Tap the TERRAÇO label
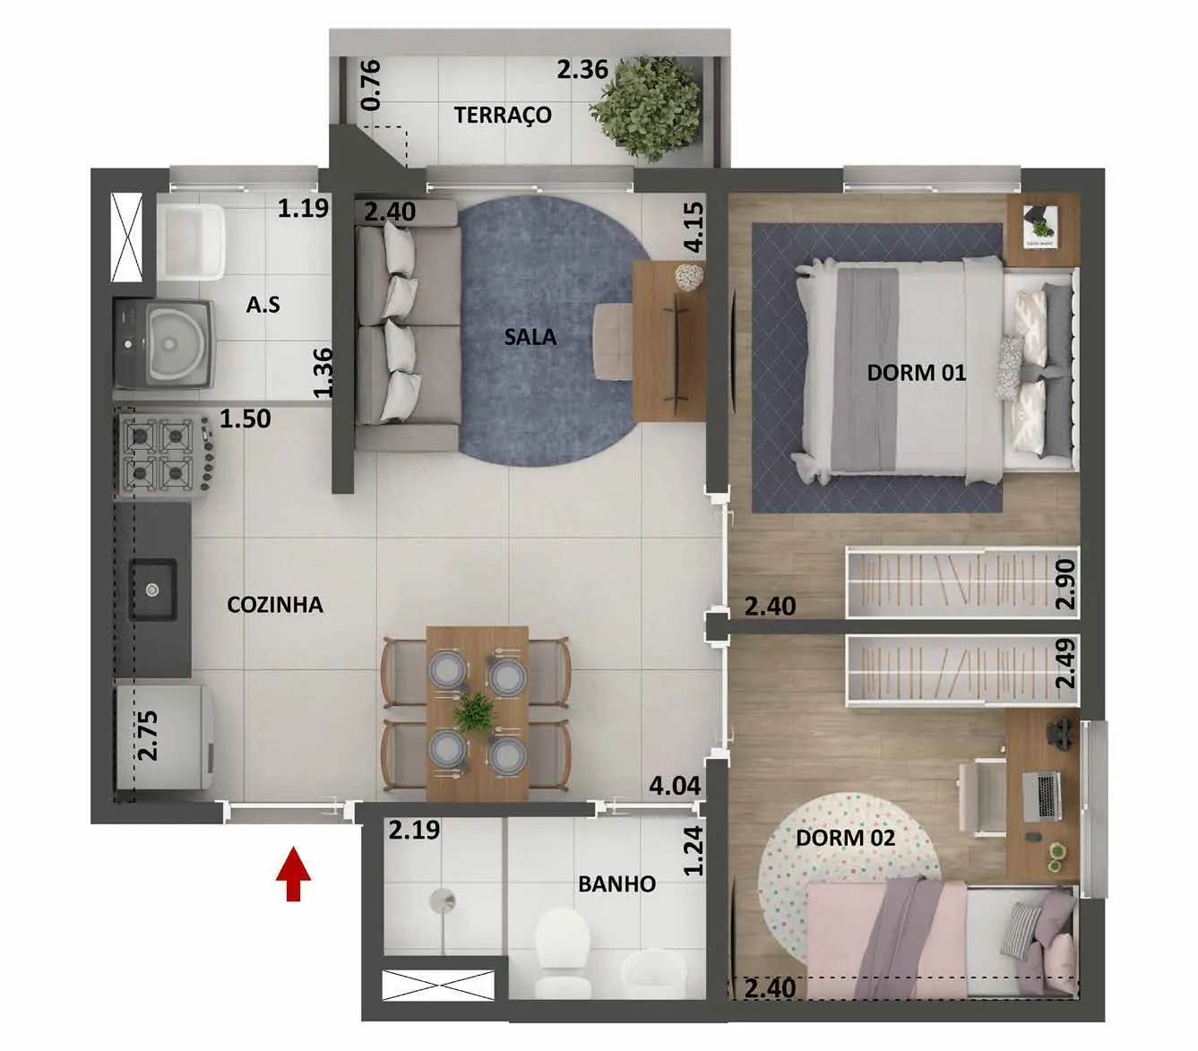tap(503, 115)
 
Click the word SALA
tap(530, 337)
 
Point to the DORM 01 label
tap(916, 373)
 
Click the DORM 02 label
tap(845, 838)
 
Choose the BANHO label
tap(616, 883)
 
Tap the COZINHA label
tap(275, 605)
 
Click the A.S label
tap(263, 305)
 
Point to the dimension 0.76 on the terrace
tap(371, 85)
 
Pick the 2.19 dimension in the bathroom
tap(414, 830)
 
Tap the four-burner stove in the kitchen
tap(165, 454)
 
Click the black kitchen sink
tap(152, 589)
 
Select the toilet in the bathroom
tap(563, 953)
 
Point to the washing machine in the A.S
tap(164, 344)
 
